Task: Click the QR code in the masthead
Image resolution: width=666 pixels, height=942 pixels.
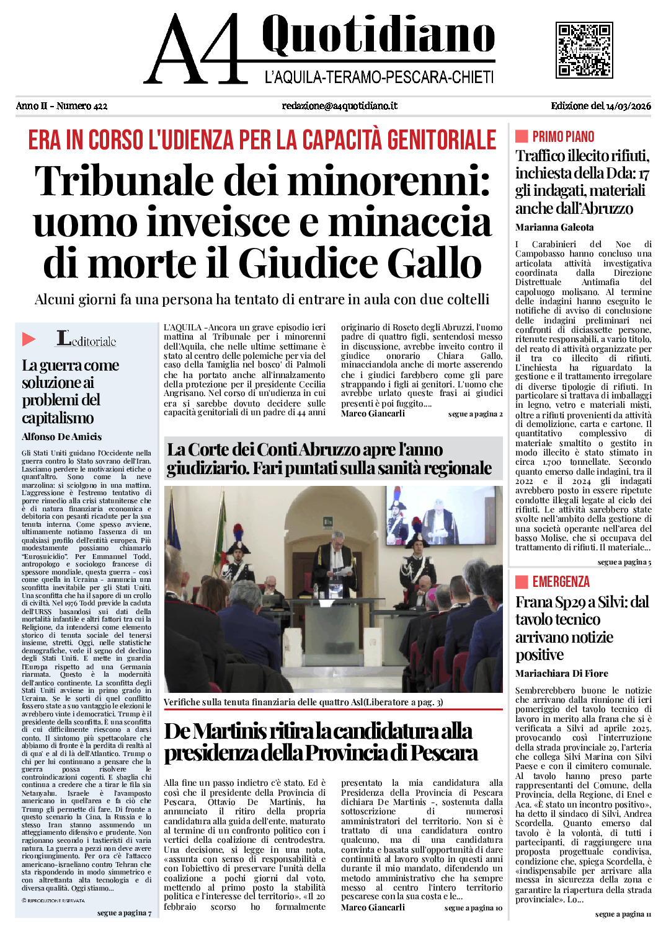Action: (584, 50)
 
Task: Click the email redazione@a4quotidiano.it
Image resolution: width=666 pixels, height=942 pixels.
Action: (340, 106)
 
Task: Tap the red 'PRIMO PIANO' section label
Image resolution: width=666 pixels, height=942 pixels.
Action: (563, 137)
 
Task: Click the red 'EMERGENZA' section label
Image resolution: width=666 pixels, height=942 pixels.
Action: (561, 582)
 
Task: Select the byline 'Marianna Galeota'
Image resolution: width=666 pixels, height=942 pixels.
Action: (554, 227)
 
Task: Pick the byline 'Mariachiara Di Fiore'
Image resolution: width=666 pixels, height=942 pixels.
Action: (562, 674)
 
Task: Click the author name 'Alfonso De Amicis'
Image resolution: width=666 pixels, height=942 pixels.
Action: (62, 437)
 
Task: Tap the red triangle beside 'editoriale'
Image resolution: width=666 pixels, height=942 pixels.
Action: (29, 339)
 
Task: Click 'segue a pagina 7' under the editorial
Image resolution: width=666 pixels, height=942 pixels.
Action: (124, 913)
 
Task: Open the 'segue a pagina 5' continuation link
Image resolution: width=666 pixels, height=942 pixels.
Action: (624, 562)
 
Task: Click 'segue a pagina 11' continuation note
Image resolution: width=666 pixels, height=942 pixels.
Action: (623, 914)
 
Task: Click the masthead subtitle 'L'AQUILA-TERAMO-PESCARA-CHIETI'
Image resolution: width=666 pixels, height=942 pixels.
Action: (379, 77)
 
